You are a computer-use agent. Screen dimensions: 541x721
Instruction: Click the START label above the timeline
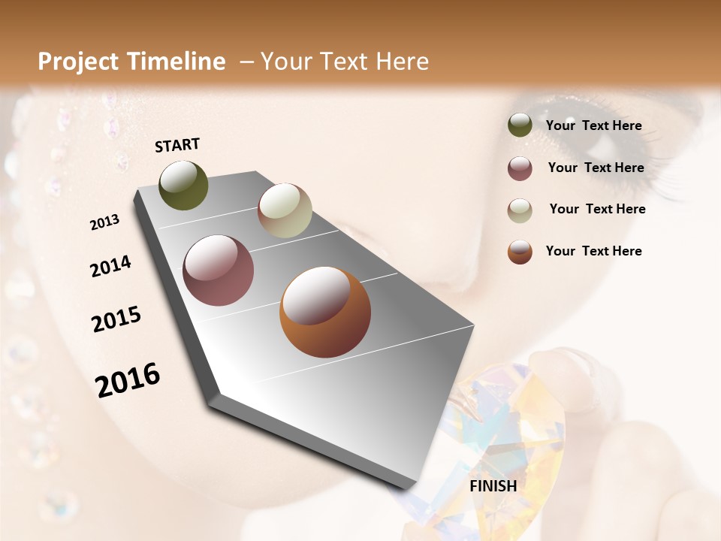click(x=177, y=145)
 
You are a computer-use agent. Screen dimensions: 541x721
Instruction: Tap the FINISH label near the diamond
click(x=493, y=486)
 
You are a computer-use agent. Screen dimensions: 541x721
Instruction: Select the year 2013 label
click(x=105, y=222)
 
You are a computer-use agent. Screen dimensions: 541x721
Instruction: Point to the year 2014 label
click(x=111, y=267)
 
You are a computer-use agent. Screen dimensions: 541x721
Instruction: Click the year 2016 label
click(x=128, y=380)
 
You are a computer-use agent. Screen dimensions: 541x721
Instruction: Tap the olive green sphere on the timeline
click(x=183, y=185)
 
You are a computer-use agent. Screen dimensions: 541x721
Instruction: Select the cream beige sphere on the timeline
click(x=285, y=210)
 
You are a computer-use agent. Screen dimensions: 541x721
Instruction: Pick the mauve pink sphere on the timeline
click(x=219, y=270)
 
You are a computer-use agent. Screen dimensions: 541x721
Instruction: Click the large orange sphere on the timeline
click(x=325, y=312)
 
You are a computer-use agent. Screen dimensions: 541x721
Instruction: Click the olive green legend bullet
click(x=520, y=125)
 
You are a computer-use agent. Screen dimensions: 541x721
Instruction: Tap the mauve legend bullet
click(x=520, y=168)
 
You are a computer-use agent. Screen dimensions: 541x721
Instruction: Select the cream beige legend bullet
click(x=520, y=210)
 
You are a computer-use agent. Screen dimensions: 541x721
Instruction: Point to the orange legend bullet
click(x=520, y=252)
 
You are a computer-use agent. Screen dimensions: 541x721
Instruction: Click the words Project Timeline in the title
click(x=131, y=62)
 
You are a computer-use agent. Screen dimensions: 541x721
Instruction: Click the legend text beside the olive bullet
click(x=593, y=126)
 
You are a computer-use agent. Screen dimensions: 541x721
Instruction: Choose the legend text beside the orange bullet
click(x=593, y=251)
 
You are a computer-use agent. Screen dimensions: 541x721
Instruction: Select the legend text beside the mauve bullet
click(x=596, y=168)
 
